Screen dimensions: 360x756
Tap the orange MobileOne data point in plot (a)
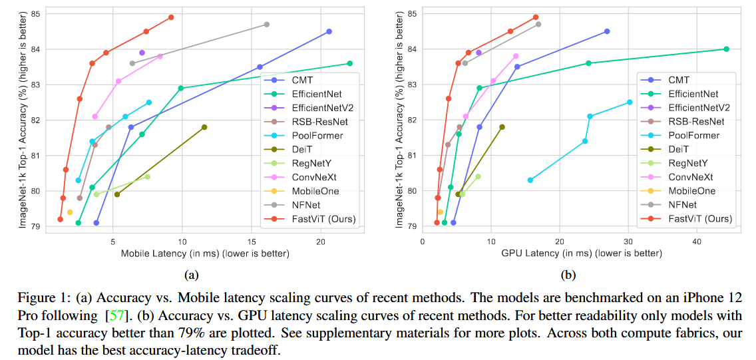(70, 212)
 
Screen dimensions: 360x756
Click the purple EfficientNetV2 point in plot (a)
(142, 53)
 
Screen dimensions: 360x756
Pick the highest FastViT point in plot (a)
(171, 17)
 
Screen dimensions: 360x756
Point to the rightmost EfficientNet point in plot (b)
(726, 49)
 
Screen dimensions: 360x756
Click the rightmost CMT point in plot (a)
(329, 31)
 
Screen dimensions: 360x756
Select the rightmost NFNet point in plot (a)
(267, 25)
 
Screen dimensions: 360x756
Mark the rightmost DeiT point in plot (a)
(204, 127)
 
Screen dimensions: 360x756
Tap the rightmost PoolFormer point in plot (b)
(630, 102)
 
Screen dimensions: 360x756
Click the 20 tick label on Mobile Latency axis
(321, 240)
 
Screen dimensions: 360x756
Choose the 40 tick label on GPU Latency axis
(696, 240)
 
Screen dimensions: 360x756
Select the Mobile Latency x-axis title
(204, 254)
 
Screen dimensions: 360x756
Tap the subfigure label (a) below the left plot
(191, 274)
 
